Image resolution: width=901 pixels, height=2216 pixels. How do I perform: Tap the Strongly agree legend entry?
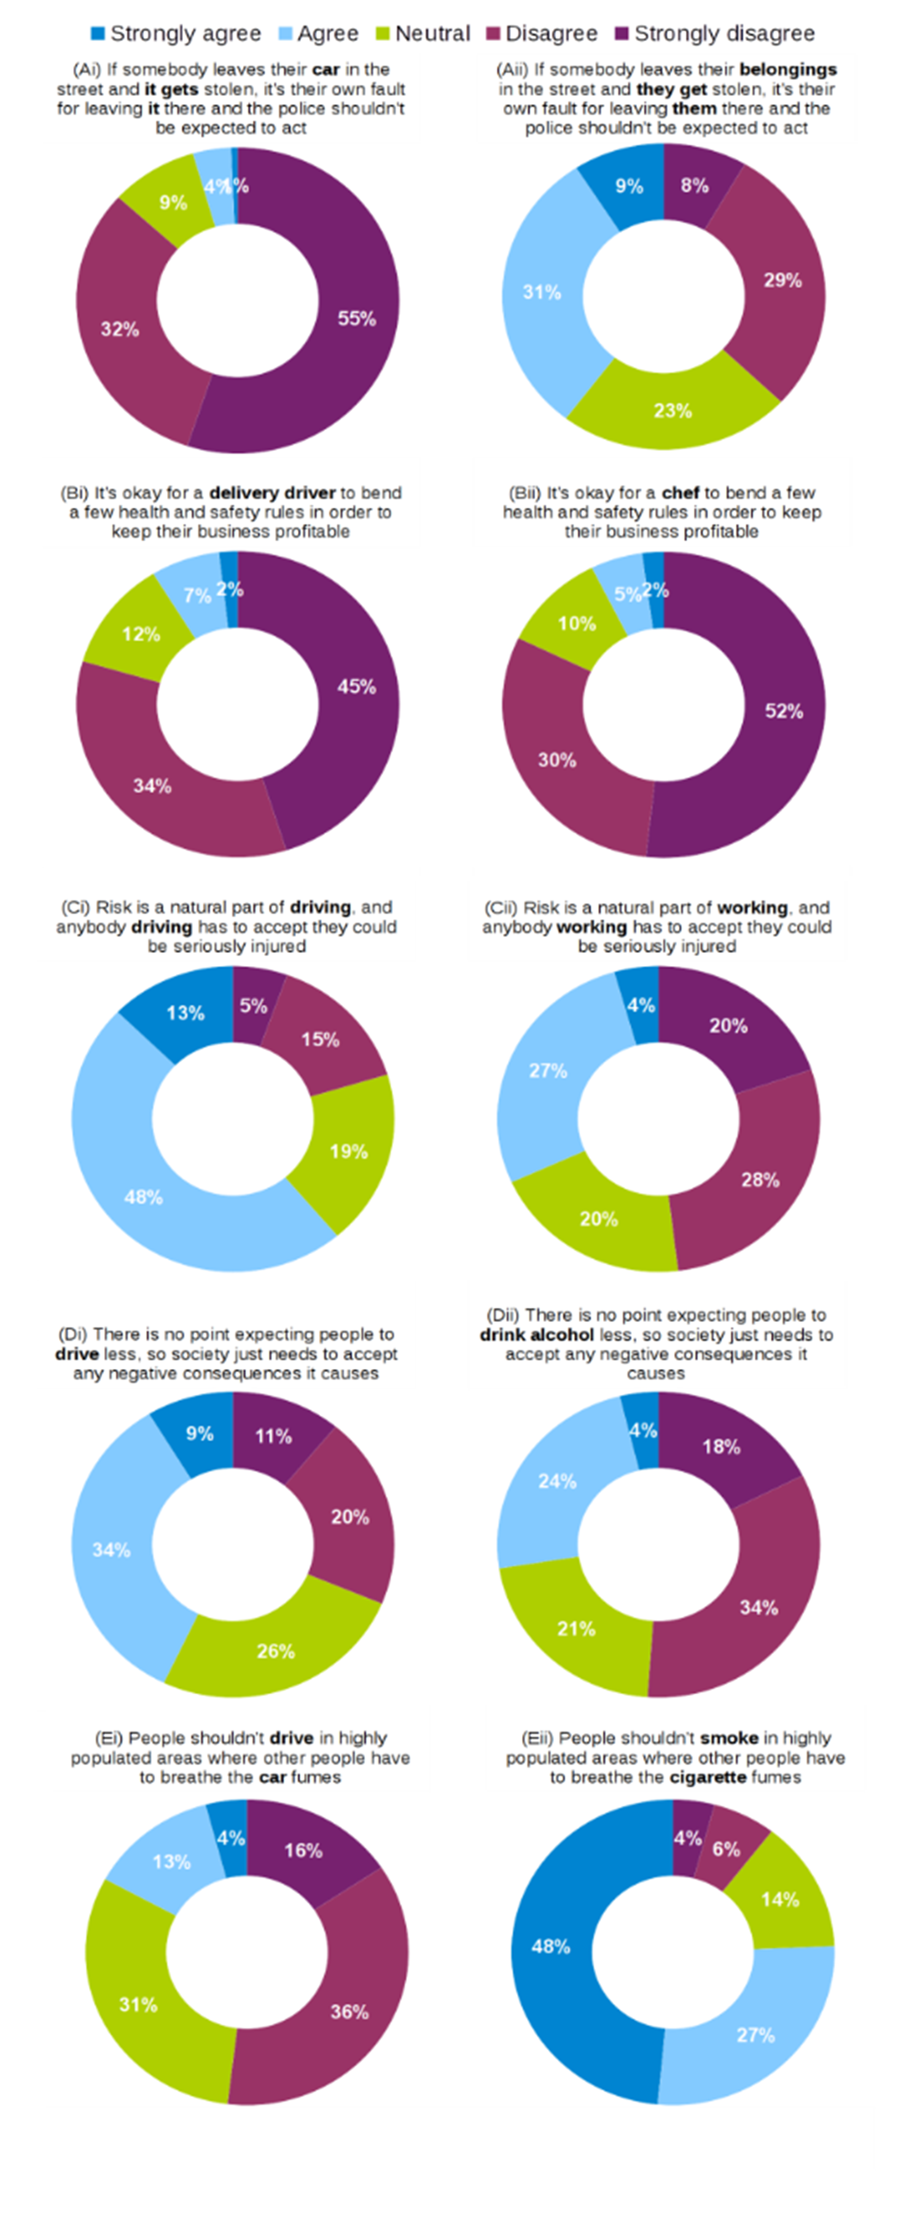tap(176, 34)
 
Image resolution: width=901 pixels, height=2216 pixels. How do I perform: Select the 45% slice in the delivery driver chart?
tap(356, 687)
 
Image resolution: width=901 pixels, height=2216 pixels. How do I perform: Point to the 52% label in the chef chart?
tap(784, 711)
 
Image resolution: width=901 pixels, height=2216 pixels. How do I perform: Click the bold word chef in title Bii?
tap(680, 493)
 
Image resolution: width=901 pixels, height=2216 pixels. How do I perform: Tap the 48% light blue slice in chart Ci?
tap(144, 1197)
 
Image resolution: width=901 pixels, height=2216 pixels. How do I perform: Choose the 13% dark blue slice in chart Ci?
tap(185, 1013)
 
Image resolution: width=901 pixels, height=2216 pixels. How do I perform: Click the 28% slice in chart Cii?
tap(760, 1179)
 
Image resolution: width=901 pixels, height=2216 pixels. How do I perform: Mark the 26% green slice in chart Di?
tap(275, 1651)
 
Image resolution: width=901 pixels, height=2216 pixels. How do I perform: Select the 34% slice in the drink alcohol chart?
tap(758, 1607)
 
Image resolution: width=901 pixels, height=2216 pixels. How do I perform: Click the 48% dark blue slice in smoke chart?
tap(551, 1946)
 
